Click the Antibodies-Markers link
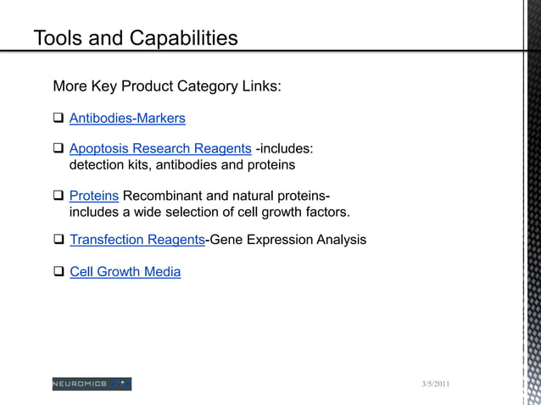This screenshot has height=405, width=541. (x=127, y=118)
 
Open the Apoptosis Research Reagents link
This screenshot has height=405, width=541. (x=160, y=149)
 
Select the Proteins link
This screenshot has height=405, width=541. (x=93, y=196)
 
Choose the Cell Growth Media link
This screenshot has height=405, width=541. (x=125, y=272)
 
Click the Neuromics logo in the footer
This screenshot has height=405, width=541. (x=92, y=384)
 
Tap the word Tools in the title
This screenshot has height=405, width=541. (x=59, y=38)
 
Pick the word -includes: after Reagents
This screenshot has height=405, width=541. (x=284, y=149)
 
